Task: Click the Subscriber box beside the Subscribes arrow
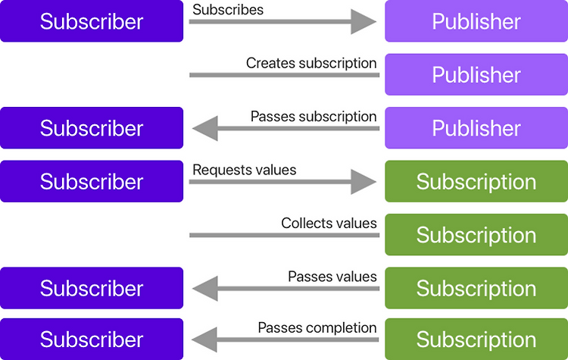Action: tap(92, 21)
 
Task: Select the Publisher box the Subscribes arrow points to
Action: tap(476, 21)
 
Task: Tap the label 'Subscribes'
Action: tap(228, 9)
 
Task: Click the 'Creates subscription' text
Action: tap(311, 63)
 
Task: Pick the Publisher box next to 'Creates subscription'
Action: tap(476, 74)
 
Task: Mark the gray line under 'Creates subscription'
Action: tap(284, 75)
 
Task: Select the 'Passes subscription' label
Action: tap(314, 117)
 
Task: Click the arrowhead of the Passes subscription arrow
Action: tap(205, 128)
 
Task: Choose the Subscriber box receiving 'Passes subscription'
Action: tap(92, 127)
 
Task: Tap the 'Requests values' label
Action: tap(245, 170)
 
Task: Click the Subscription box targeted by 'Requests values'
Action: tap(476, 181)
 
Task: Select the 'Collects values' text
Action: tap(329, 223)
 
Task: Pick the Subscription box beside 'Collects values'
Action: tap(476, 234)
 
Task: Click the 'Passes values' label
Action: tap(332, 277)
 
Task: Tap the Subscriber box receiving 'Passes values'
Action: tap(92, 288)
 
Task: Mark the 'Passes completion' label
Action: tap(317, 327)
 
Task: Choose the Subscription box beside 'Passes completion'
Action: tap(476, 339)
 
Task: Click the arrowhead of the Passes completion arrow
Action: tap(204, 340)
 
